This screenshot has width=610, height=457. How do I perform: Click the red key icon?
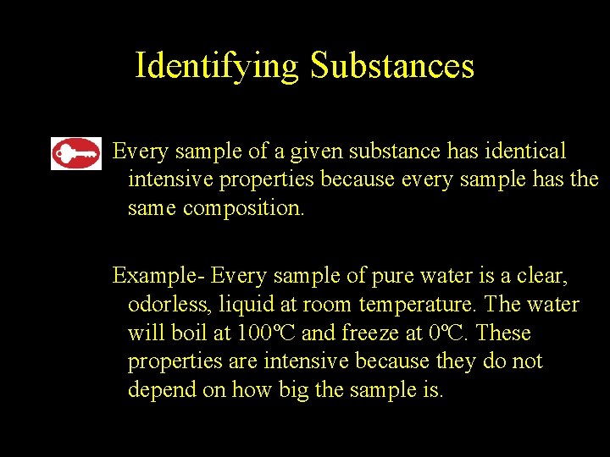click(76, 153)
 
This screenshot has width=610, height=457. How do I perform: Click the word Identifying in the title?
click(216, 65)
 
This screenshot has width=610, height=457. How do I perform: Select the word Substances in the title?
click(391, 65)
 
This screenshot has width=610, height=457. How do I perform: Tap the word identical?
click(525, 151)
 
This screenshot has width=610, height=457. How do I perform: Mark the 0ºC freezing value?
click(448, 333)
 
